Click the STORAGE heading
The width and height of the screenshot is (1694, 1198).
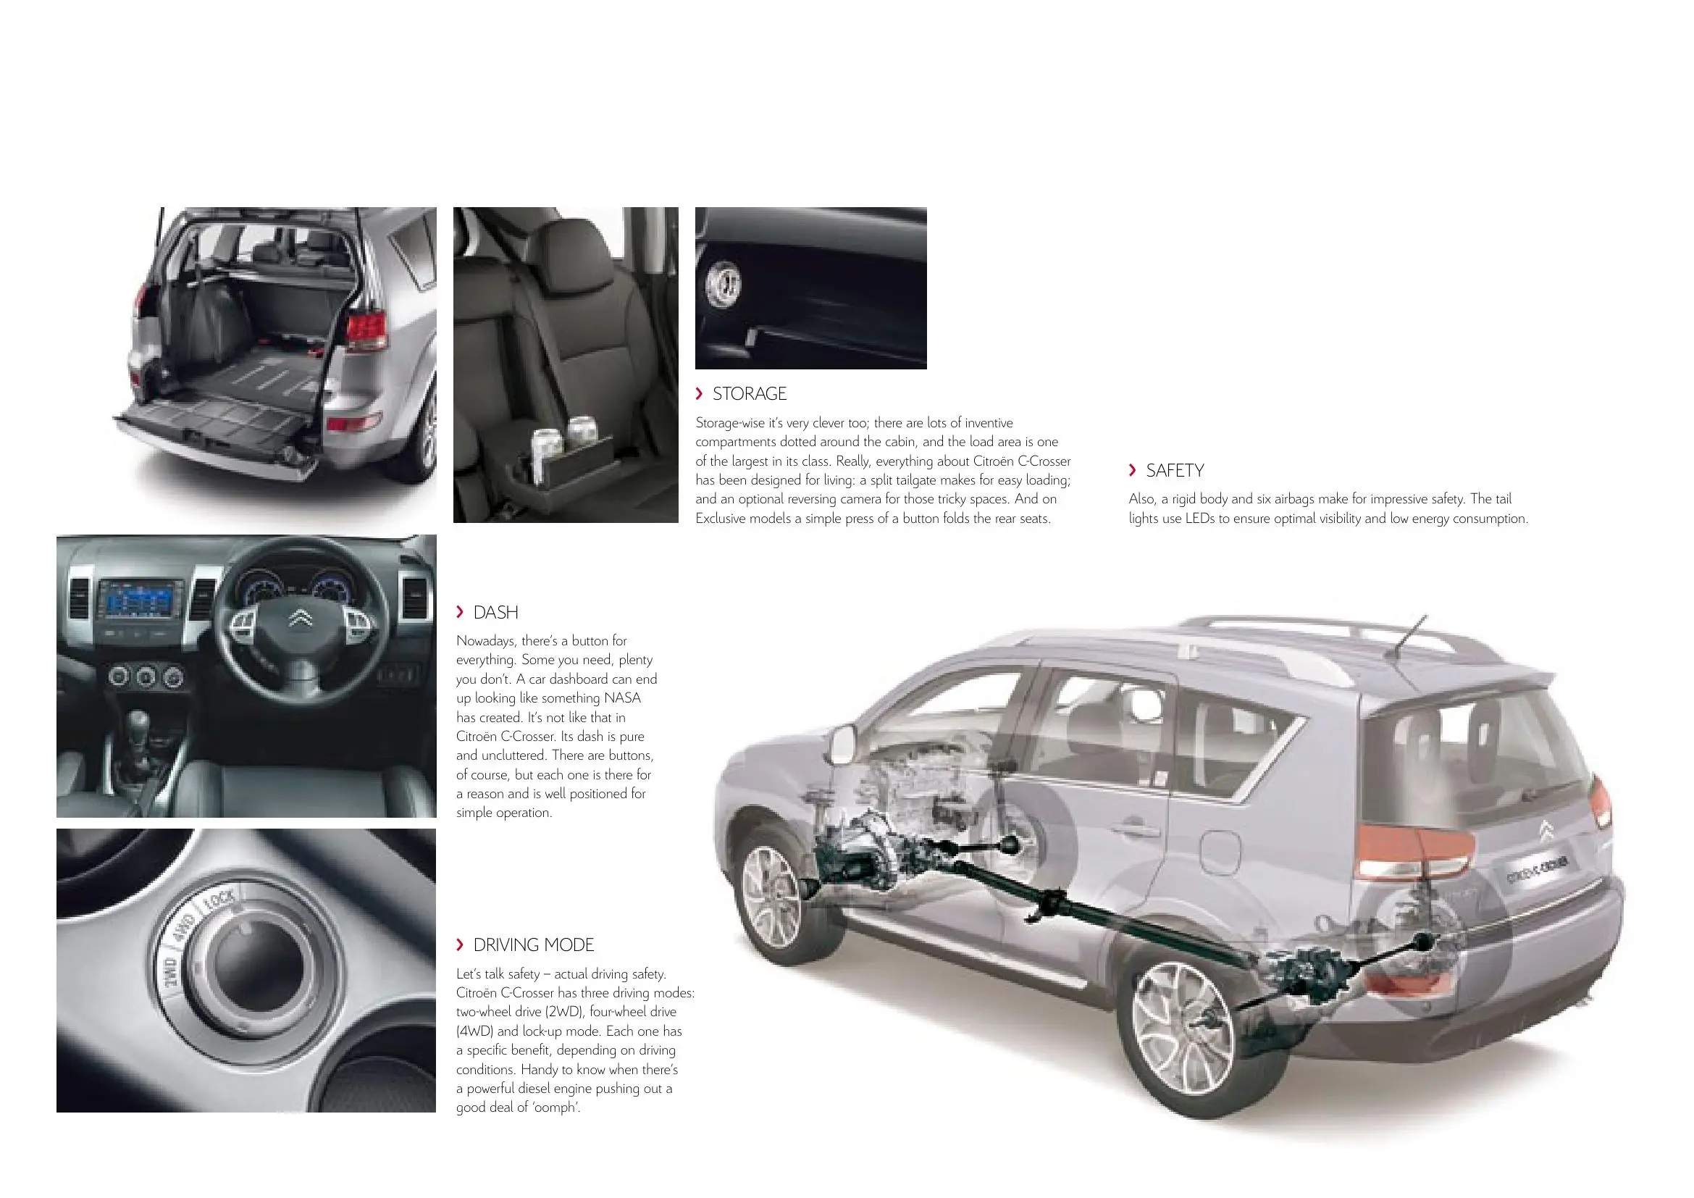[750, 394]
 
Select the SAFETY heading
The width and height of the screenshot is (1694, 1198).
[1175, 471]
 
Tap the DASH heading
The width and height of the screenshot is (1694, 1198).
[496, 612]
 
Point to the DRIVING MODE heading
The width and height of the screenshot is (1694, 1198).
[534, 945]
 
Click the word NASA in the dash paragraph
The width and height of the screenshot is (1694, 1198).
[622, 698]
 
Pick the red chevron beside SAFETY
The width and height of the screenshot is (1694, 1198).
[1133, 470]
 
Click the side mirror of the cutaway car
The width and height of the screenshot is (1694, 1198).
[841, 745]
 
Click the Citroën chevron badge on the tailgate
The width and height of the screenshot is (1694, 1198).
[1546, 832]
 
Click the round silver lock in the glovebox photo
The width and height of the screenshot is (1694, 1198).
[723, 285]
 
